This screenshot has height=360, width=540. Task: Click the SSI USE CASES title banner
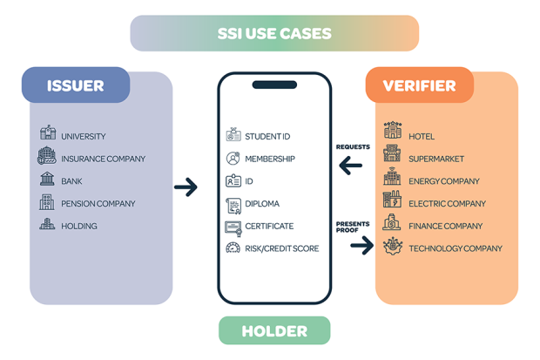(274, 33)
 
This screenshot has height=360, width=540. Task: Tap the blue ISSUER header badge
(76, 85)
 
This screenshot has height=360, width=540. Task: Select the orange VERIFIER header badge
(420, 85)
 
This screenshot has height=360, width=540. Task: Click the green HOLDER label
(274, 330)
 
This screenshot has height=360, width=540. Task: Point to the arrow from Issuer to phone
(186, 187)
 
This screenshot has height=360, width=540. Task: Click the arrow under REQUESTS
(351, 166)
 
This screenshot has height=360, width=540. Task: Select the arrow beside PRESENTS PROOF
(362, 245)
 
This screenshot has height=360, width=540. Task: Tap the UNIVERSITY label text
(84, 137)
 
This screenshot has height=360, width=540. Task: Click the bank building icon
(47, 179)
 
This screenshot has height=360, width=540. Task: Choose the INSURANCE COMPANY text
(104, 159)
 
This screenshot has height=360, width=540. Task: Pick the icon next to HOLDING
(47, 223)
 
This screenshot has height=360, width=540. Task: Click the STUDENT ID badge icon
(233, 134)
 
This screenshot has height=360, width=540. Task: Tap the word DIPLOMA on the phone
(262, 204)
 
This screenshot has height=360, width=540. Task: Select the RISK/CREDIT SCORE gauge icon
(233, 248)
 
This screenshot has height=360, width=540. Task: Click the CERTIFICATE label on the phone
(269, 227)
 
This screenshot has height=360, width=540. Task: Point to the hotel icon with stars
(393, 130)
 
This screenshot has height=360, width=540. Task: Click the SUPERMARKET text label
(436, 159)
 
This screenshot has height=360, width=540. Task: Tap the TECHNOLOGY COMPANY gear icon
(393, 246)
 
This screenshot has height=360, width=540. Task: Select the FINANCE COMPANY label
(446, 227)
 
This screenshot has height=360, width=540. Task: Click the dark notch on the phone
(274, 85)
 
